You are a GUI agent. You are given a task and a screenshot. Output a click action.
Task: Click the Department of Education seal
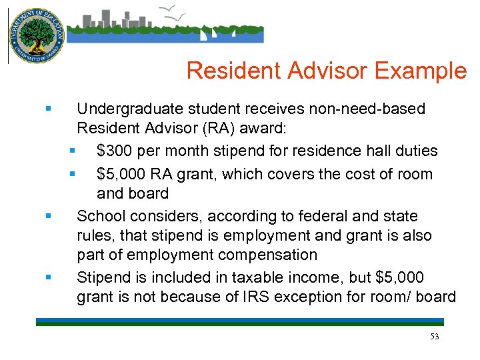pyautogui.click(x=37, y=36)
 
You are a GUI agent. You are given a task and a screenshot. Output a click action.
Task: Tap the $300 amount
pyautogui.click(x=115, y=151)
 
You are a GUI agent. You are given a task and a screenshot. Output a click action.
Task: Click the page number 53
pyautogui.click(x=435, y=337)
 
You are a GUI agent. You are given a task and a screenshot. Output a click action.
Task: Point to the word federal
pyautogui.click(x=321, y=216)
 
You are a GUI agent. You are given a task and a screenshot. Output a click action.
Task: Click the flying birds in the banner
pyautogui.click(x=174, y=11)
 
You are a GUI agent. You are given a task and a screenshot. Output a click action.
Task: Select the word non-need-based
pyautogui.click(x=365, y=109)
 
